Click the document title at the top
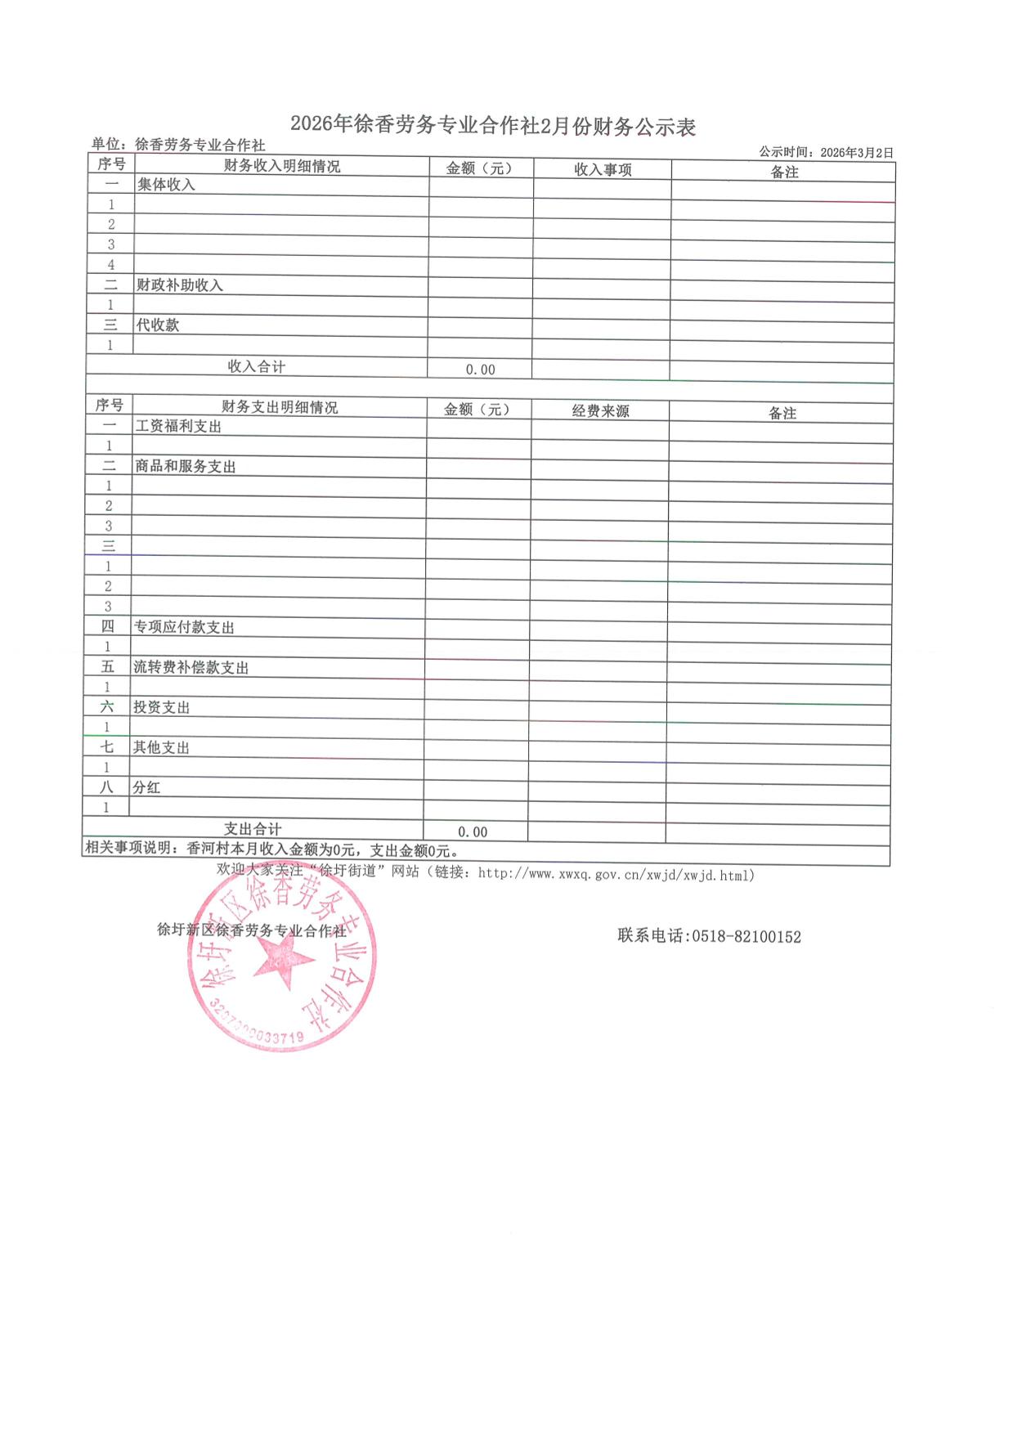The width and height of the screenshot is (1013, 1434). pyautogui.click(x=493, y=125)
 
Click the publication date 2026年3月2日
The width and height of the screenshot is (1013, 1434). pyautogui.click(x=857, y=152)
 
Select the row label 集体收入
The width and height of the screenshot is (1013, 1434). pyautogui.click(x=166, y=185)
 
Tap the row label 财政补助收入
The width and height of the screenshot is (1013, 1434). pyautogui.click(x=180, y=285)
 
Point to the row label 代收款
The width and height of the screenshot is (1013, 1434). pyautogui.click(x=158, y=325)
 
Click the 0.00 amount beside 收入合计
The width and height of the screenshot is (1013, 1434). pyautogui.click(x=481, y=370)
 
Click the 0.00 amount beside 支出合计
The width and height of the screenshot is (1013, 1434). pyautogui.click(x=473, y=831)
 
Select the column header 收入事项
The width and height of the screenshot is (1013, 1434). pyautogui.click(x=603, y=169)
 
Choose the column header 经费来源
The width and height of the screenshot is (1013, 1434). pyautogui.click(x=601, y=410)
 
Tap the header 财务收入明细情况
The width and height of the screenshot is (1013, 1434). pyautogui.click(x=282, y=166)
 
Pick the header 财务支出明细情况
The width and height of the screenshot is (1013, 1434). pyautogui.click(x=280, y=407)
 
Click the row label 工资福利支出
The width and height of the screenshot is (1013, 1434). pyautogui.click(x=178, y=426)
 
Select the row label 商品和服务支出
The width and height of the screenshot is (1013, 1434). pyautogui.click(x=186, y=467)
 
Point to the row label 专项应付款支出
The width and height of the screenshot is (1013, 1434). pyautogui.click(x=184, y=627)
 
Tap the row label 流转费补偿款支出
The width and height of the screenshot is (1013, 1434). pyautogui.click(x=191, y=667)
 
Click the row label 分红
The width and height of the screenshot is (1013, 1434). pyautogui.click(x=147, y=787)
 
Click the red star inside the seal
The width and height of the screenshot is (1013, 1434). pyautogui.click(x=284, y=959)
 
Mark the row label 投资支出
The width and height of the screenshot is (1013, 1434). pyautogui.click(x=162, y=707)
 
